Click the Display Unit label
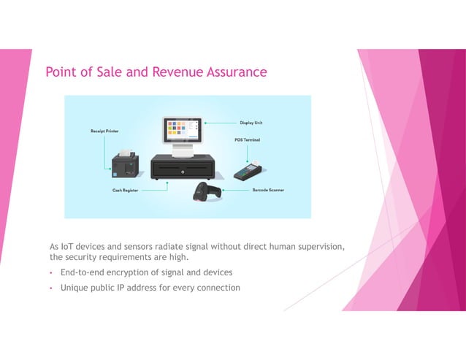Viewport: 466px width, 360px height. tap(251, 123)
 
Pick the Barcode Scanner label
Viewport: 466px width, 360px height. tap(268, 190)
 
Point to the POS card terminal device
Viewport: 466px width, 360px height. tap(248, 171)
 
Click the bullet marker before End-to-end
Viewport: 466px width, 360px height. tap(52, 273)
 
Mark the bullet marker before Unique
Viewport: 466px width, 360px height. tap(52, 288)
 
